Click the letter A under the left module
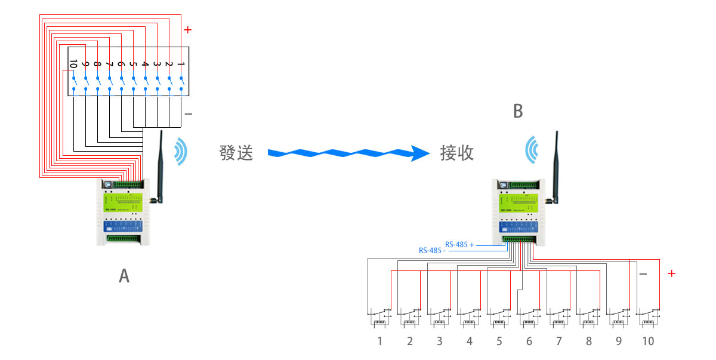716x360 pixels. [124, 276]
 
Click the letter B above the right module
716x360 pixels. [518, 111]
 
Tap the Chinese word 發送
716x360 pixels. [236, 153]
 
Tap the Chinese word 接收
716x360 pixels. [457, 153]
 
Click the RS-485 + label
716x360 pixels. [459, 245]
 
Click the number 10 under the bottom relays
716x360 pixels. [647, 341]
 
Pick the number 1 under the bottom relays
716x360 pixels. [379, 341]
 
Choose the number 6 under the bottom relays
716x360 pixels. [529, 341]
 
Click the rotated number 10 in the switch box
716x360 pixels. [73, 64]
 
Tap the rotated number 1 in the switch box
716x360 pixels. [181, 64]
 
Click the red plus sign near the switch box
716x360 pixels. [188, 29]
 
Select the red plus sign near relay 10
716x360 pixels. [671, 273]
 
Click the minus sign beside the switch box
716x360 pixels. [188, 113]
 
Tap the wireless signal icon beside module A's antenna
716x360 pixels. [180, 152]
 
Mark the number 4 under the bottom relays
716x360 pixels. [469, 341]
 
